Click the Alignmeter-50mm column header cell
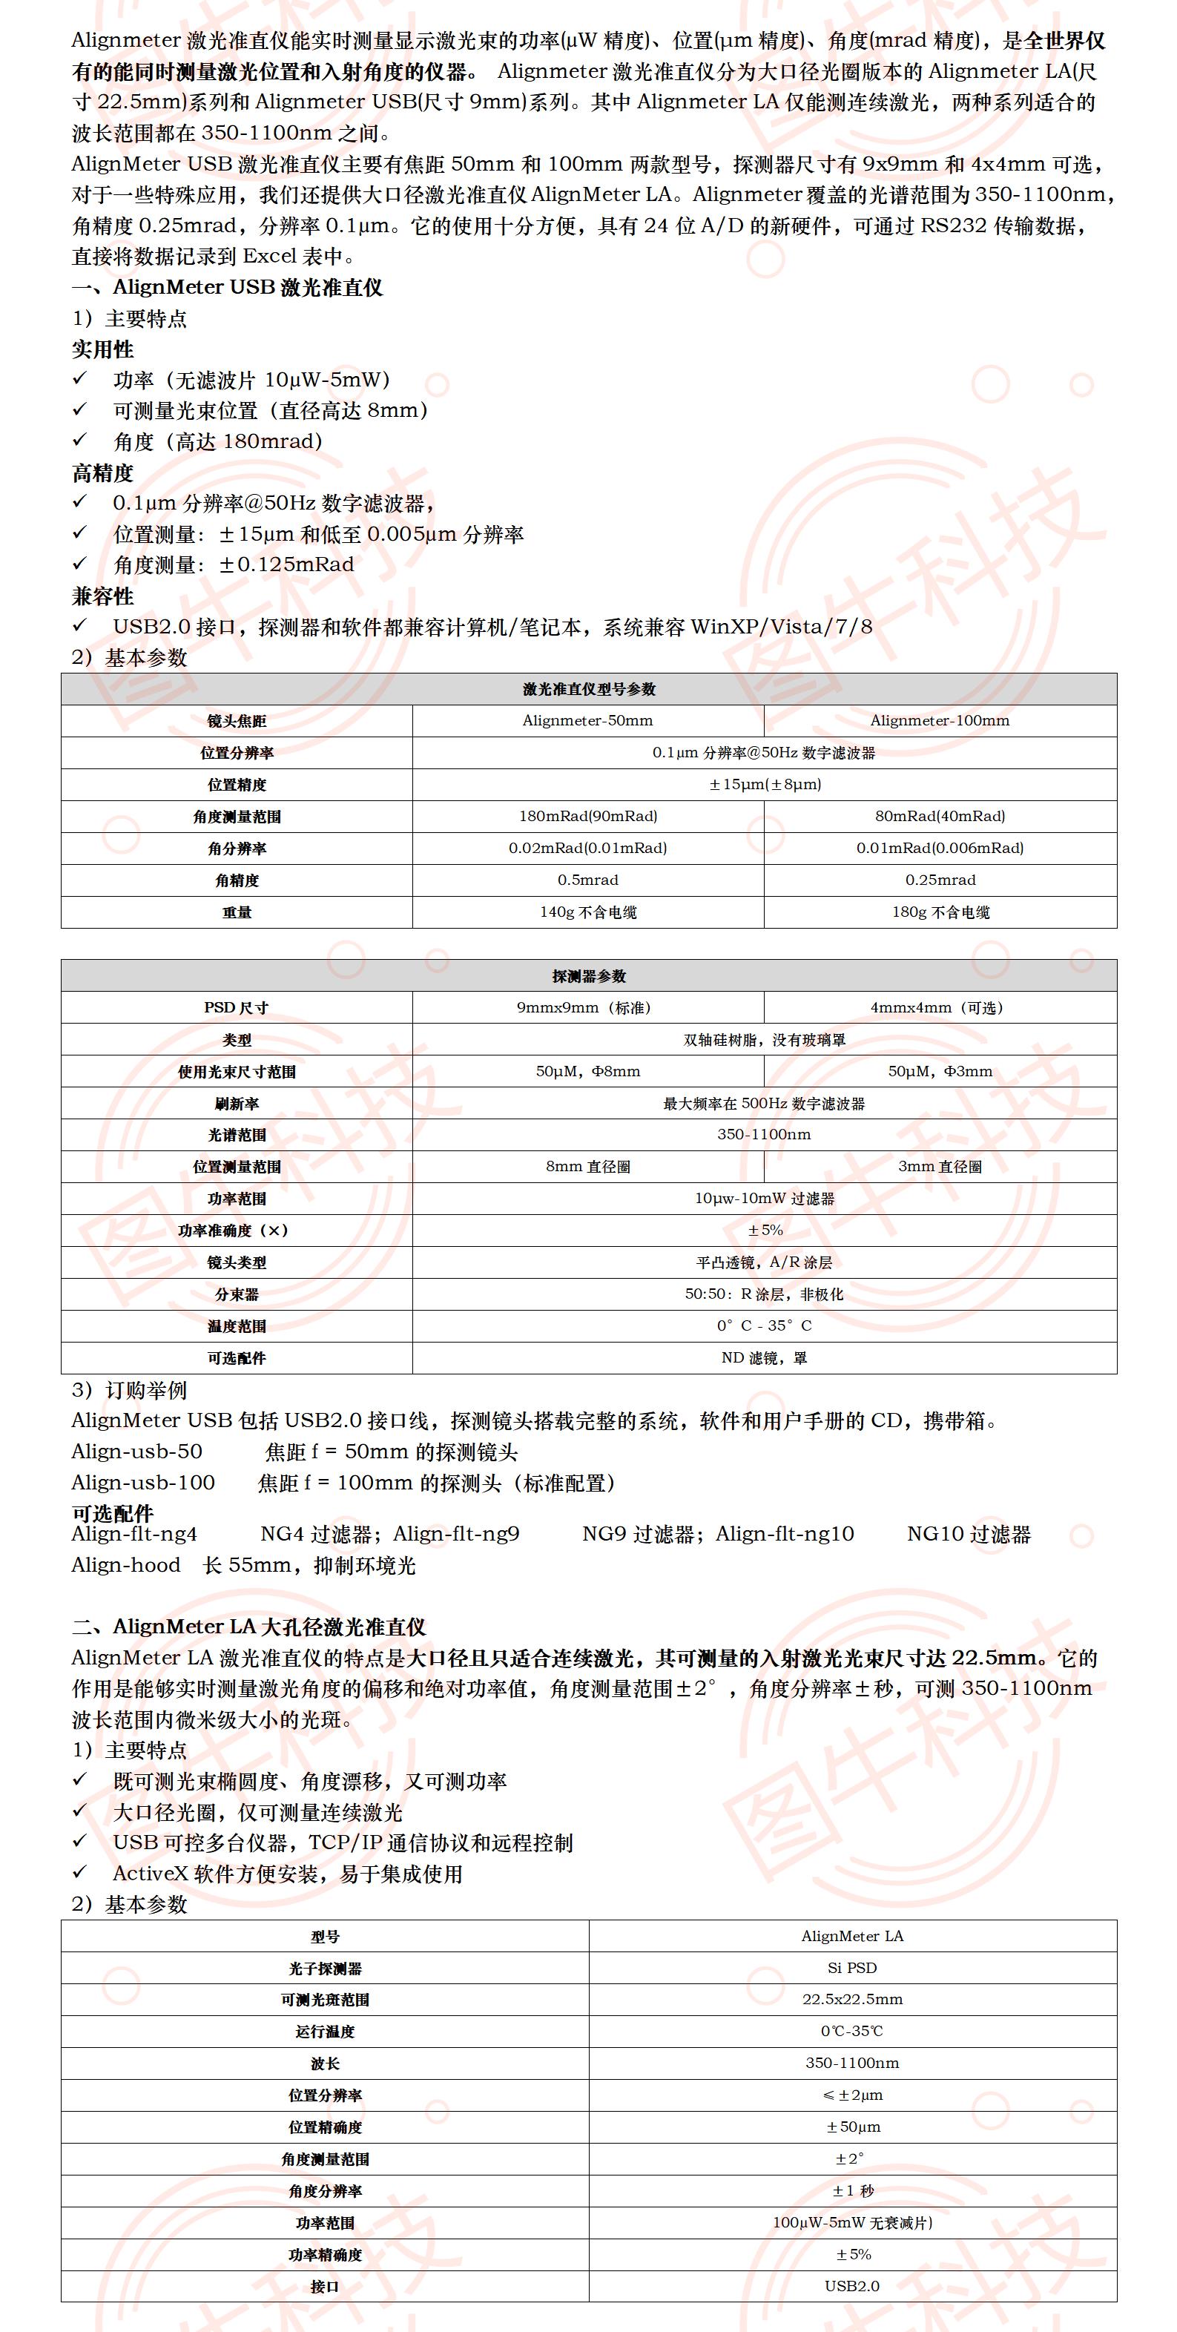587,721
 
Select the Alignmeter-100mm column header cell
940,721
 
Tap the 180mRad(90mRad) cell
587,816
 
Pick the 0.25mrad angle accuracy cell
940,880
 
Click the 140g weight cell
587,912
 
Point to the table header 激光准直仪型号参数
589,689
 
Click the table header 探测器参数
589,976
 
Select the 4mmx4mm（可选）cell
940,1007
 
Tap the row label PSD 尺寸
237,1007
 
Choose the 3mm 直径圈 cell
940,1167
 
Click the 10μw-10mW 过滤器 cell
764,1199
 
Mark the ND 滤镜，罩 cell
764,1358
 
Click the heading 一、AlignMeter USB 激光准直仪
227,288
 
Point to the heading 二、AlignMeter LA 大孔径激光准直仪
249,1627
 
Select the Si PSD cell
852,1968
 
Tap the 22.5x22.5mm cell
852,2000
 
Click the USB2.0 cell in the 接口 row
852,2286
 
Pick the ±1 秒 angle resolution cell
852,2191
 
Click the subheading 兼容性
102,596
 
